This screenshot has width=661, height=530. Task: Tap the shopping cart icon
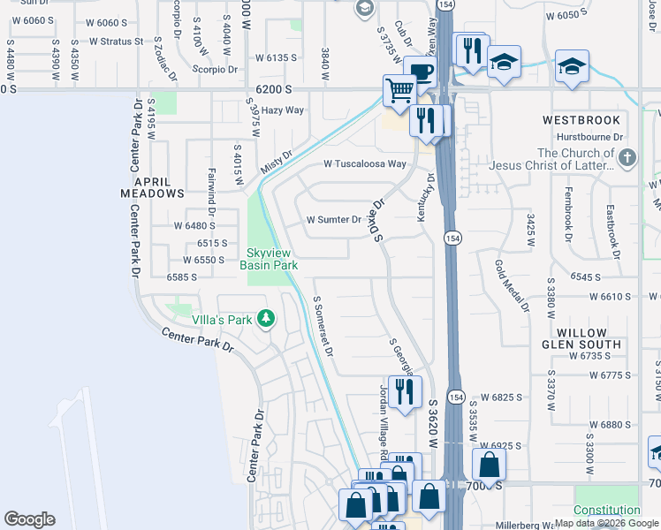click(x=399, y=89)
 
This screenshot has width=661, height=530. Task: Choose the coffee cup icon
click(x=421, y=72)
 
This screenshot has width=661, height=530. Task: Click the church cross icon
click(x=627, y=159)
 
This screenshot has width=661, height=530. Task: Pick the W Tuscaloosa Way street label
click(x=365, y=163)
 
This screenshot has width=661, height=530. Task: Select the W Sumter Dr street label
click(x=334, y=220)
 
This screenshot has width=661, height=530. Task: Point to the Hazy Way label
click(x=283, y=110)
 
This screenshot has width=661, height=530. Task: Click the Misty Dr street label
click(x=276, y=163)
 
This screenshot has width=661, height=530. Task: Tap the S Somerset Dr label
click(x=323, y=325)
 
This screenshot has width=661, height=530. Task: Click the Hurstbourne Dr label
click(x=589, y=137)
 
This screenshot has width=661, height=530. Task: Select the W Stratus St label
click(x=115, y=41)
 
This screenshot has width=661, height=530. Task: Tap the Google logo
click(x=29, y=519)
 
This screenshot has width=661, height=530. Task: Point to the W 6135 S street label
click(x=276, y=57)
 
